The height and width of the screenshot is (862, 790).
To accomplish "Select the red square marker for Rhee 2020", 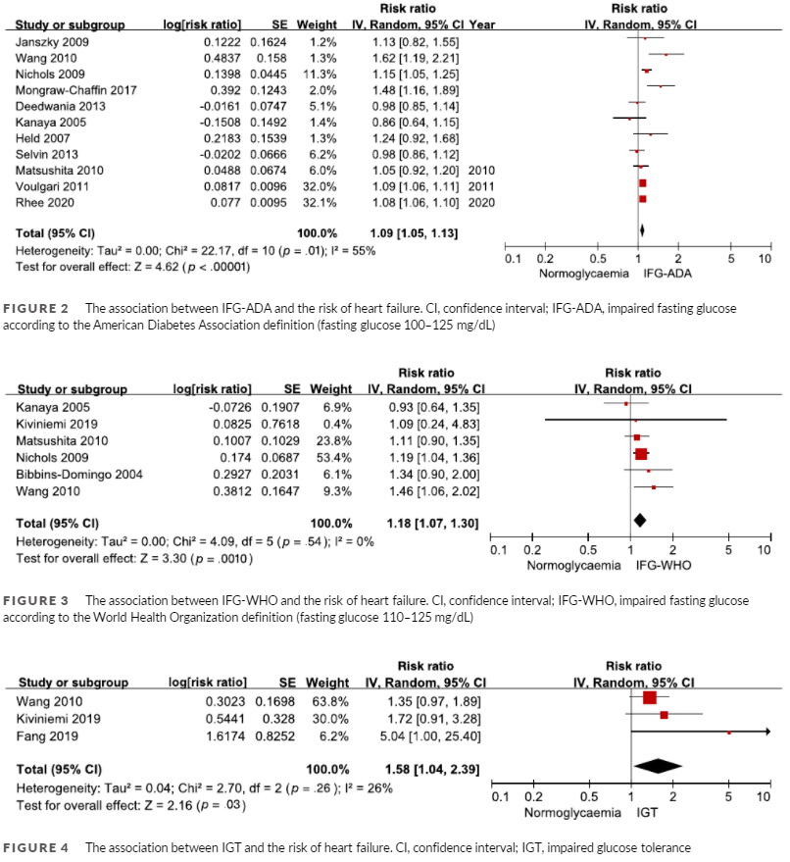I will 642,198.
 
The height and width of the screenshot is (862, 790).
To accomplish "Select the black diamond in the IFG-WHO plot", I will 639,520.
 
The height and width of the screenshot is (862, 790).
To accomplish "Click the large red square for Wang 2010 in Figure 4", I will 649,698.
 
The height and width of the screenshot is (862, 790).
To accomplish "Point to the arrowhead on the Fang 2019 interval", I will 767,732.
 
